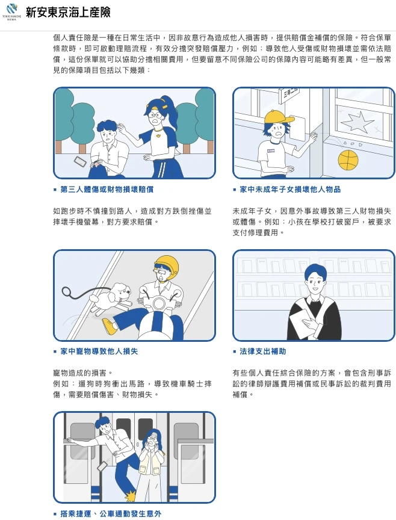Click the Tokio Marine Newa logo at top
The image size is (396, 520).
tap(11, 12)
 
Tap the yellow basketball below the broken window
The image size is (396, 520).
tap(348, 160)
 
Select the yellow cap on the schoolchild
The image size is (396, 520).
tap(279, 116)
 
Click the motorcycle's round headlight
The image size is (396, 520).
tap(159, 303)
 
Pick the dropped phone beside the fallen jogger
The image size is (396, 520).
tap(80, 162)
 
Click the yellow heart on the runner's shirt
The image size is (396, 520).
tap(158, 135)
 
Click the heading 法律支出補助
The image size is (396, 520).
tap(262, 351)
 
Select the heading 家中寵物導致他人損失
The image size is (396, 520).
tap(99, 351)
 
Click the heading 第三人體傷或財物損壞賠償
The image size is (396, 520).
tap(107, 190)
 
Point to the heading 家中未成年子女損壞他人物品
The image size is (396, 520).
tap(290, 190)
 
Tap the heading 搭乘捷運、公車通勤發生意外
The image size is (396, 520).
tap(111, 514)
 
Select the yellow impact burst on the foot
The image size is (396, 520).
tap(131, 497)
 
